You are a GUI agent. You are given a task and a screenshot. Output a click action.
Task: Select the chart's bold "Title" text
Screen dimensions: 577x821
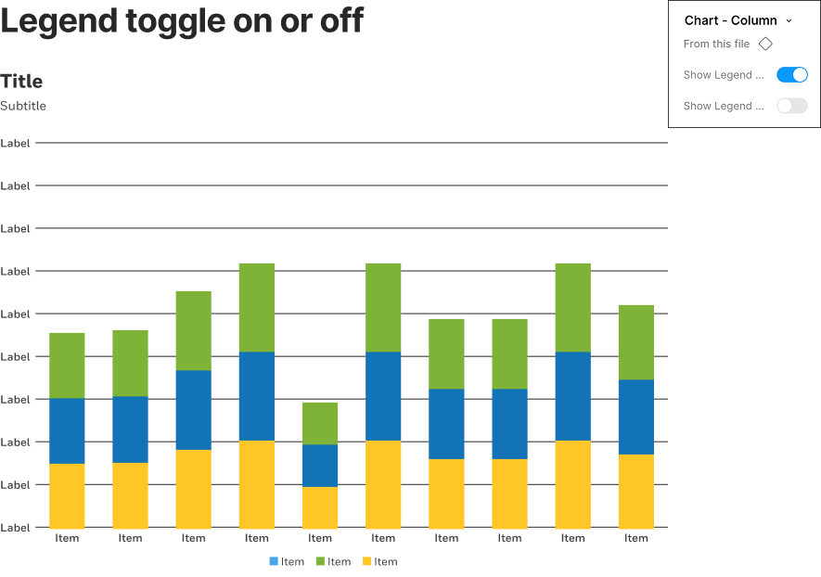click(21, 82)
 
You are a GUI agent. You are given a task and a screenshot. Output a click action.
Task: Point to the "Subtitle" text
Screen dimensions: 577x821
click(23, 106)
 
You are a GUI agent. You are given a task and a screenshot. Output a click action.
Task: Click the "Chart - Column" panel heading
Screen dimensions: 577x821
click(731, 20)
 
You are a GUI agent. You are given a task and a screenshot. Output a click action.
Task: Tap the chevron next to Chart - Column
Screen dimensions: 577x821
click(789, 20)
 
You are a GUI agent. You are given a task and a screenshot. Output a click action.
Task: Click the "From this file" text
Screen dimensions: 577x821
click(716, 44)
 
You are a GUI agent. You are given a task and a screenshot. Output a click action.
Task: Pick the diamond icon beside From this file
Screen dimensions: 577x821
click(765, 44)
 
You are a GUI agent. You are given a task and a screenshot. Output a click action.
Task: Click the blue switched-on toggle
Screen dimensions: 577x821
click(791, 75)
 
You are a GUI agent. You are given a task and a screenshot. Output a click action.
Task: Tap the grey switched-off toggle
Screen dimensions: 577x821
click(791, 106)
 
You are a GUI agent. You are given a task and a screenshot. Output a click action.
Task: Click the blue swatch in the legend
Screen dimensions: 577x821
click(274, 561)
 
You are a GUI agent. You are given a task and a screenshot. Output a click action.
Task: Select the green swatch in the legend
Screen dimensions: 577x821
click(320, 561)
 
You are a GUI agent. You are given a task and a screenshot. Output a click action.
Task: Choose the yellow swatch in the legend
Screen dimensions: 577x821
click(367, 561)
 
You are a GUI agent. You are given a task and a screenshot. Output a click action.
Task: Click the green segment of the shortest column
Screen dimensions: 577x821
click(320, 423)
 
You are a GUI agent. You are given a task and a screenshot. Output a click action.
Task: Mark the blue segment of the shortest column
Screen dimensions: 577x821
click(320, 466)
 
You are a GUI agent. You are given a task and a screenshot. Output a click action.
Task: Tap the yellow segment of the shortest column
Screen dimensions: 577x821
click(320, 507)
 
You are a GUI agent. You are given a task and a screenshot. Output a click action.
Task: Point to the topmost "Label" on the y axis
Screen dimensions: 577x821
click(16, 144)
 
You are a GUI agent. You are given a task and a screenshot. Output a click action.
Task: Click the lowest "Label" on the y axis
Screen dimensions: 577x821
click(16, 527)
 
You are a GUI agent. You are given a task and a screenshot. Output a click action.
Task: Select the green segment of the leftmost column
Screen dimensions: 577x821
click(67, 365)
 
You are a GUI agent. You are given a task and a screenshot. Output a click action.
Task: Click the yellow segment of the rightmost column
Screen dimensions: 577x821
click(635, 492)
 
